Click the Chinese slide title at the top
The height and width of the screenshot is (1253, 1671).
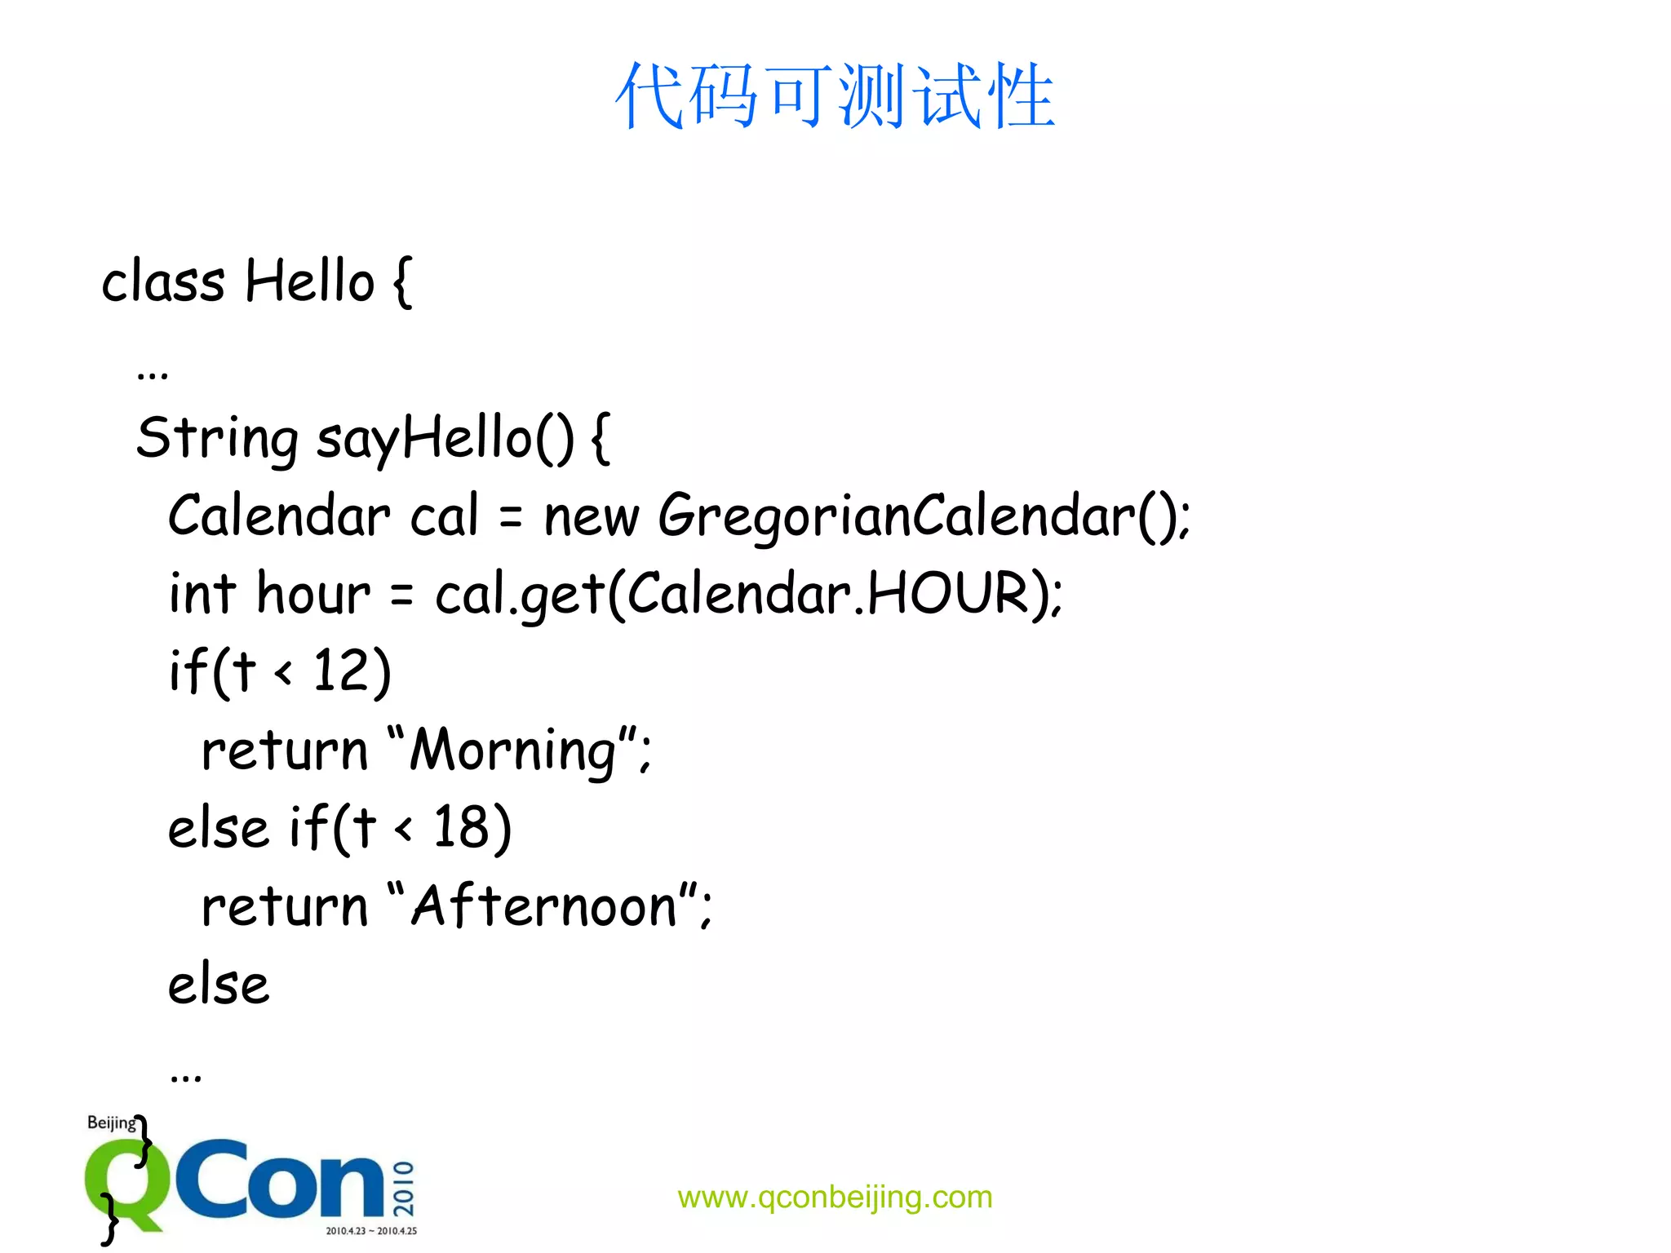(835, 96)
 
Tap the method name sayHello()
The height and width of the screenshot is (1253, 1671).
(445, 438)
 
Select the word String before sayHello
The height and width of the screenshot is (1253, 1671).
(217, 438)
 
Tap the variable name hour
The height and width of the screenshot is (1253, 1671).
(313, 593)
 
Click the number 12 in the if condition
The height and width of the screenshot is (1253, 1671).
(341, 671)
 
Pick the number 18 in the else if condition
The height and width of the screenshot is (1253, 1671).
(460, 827)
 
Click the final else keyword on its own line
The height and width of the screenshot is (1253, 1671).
(219, 984)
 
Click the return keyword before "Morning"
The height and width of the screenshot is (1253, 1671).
(285, 750)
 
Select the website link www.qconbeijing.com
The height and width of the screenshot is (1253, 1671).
(835, 1197)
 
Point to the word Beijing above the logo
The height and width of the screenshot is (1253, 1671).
(112, 1122)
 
